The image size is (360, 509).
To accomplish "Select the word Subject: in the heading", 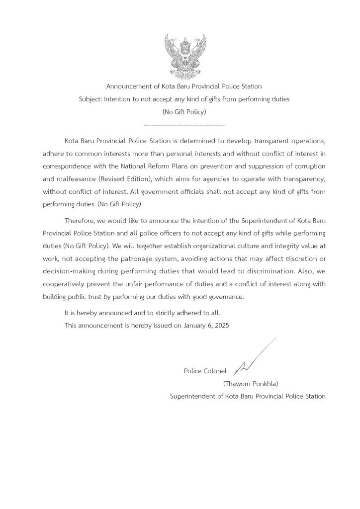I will pos(90,99).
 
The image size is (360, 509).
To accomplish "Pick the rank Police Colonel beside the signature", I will pos(205,371).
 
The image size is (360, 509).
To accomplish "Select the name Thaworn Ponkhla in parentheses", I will pos(250,384).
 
